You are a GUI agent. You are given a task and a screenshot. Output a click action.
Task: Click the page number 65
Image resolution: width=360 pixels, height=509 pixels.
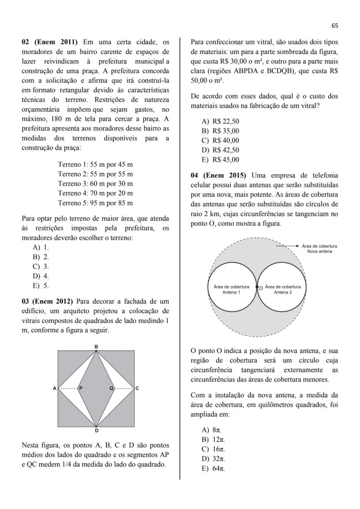pyautogui.click(x=334, y=26)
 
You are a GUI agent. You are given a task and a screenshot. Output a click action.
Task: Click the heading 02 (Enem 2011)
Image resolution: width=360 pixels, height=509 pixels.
pyautogui.click(x=50, y=42)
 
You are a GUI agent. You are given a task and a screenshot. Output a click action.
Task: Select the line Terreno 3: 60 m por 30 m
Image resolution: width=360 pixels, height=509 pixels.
pyautogui.click(x=95, y=184)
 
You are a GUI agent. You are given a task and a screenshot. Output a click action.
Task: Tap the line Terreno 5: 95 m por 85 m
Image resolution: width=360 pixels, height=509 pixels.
pyautogui.click(x=95, y=203)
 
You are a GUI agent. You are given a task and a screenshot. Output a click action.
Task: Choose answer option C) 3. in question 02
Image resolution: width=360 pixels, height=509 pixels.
pyautogui.click(x=41, y=266)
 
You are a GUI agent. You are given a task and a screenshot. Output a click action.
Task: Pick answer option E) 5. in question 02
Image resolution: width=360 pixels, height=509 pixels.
pyautogui.click(x=41, y=286)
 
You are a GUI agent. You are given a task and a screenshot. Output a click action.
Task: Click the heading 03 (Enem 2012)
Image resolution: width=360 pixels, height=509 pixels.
pyautogui.click(x=50, y=301)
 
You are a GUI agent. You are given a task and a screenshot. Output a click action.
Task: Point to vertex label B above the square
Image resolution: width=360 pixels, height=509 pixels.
pyautogui.click(x=96, y=346)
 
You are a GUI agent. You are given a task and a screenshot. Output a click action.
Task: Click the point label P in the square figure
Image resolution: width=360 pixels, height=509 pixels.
pyautogui.click(x=81, y=388)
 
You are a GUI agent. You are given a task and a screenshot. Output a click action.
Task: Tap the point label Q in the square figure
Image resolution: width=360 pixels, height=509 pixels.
pyautogui.click(x=111, y=388)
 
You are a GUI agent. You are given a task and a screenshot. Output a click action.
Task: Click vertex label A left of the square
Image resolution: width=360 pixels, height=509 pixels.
pyautogui.click(x=55, y=388)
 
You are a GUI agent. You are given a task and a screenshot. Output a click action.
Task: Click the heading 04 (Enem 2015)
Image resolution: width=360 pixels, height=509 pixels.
pyautogui.click(x=218, y=176)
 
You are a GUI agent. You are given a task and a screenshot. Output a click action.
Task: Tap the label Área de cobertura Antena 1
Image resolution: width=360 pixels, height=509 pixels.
pyautogui.click(x=231, y=289)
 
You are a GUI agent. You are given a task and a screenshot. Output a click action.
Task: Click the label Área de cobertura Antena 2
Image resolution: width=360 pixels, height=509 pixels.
pyautogui.click(x=283, y=289)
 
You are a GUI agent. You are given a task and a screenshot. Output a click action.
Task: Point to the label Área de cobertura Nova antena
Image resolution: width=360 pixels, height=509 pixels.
pyautogui.click(x=319, y=249)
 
